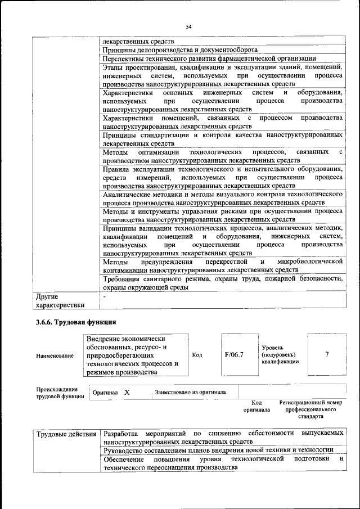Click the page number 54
(189, 26)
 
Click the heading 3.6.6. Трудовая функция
(76, 322)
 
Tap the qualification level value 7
(327, 355)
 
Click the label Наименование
(55, 355)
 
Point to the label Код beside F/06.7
(197, 355)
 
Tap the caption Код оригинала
(256, 406)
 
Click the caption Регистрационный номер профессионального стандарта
(310, 410)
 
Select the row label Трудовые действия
(66, 434)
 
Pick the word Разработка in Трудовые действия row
(121, 434)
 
